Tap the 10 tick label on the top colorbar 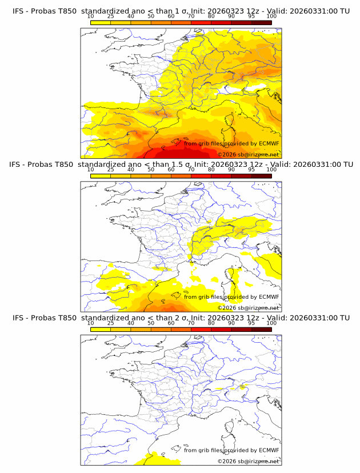tap(90, 17)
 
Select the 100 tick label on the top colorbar tap(271, 17)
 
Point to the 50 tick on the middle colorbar tap(151, 170)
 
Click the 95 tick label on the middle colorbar tap(251, 170)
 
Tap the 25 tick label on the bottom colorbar tap(110, 323)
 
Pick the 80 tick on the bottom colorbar tap(211, 323)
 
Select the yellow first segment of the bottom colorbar tap(101, 328)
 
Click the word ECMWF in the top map tap(269, 143)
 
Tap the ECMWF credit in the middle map tap(269, 296)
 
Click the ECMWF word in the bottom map tap(269, 450)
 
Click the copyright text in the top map tap(248, 155)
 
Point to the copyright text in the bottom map tap(248, 461)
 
